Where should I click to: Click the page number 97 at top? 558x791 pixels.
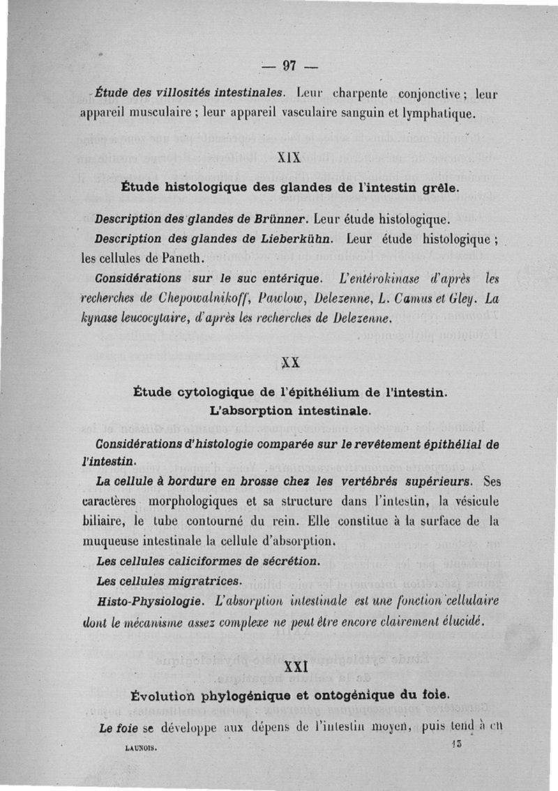coord(289,66)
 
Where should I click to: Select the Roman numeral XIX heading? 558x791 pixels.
coord(289,157)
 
